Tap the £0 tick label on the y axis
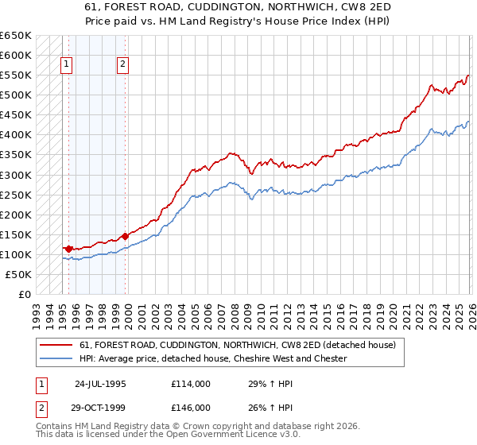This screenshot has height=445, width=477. (24, 294)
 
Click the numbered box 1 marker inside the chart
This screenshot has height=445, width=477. (67, 66)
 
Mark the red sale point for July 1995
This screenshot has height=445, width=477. (69, 249)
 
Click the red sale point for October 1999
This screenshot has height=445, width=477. (126, 236)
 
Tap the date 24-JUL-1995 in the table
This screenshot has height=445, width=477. (100, 383)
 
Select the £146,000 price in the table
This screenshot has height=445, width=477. (191, 407)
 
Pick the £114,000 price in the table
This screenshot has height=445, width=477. (191, 383)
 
